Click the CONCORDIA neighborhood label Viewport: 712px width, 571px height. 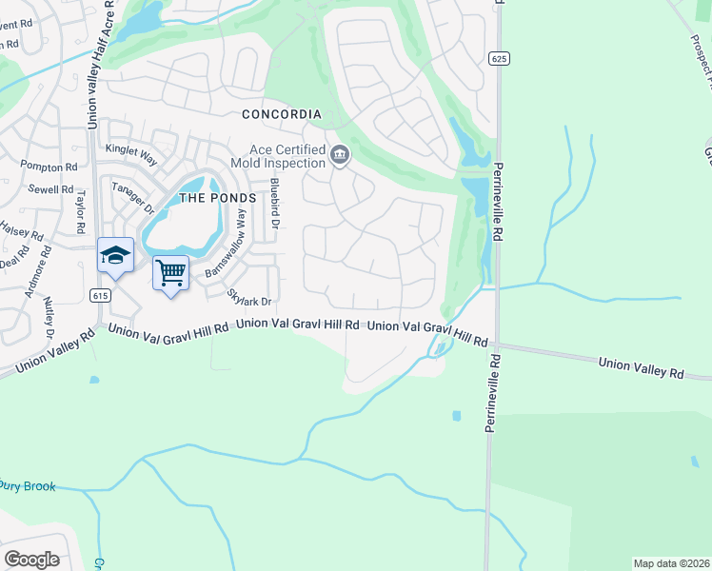pyautogui.click(x=281, y=114)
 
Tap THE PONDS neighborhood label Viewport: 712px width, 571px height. pyautogui.click(x=218, y=198)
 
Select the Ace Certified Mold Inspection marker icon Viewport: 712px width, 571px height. pyautogui.click(x=340, y=153)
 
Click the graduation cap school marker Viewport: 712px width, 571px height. pyautogui.click(x=115, y=255)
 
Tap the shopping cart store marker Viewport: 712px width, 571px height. pyautogui.click(x=170, y=273)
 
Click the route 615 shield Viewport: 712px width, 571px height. pyautogui.click(x=100, y=296)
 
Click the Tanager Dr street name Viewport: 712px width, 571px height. pyautogui.click(x=132, y=198)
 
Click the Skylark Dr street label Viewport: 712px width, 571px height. pyautogui.click(x=250, y=298)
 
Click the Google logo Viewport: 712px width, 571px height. pyautogui.click(x=32, y=559)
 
